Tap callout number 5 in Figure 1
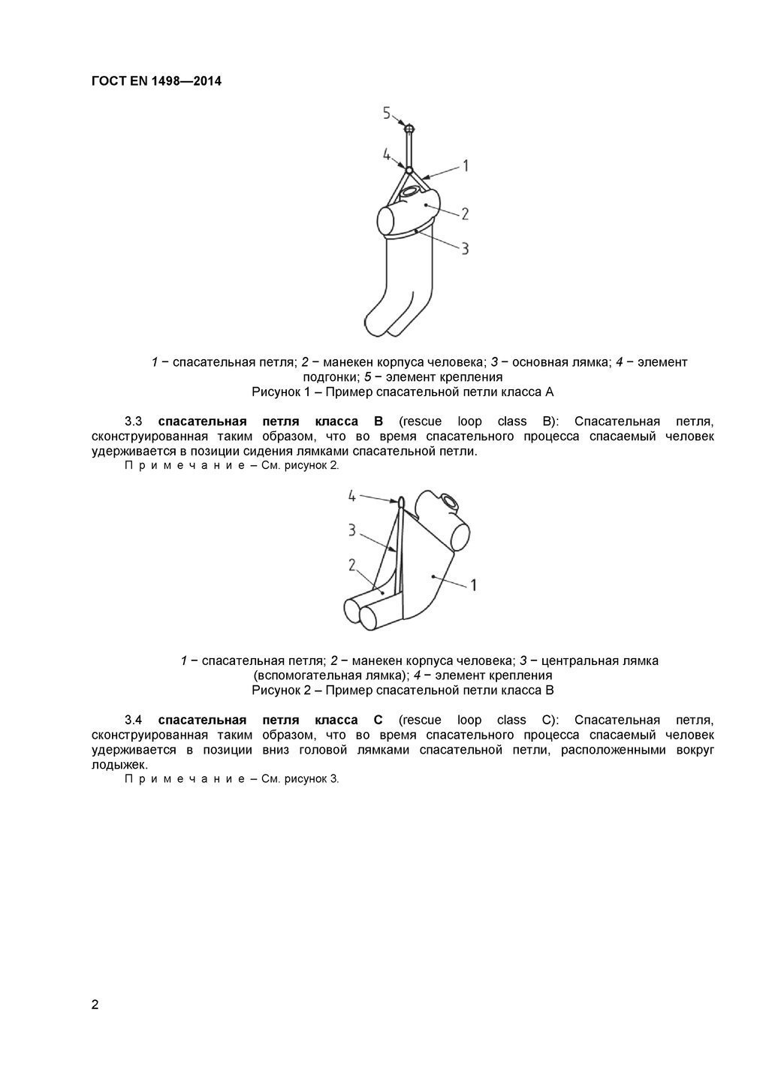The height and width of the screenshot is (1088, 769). pyautogui.click(x=387, y=113)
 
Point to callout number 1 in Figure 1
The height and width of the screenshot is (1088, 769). pyautogui.click(x=465, y=165)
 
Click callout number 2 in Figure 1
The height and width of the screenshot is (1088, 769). pyautogui.click(x=465, y=213)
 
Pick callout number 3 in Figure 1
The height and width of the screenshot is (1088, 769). pyautogui.click(x=465, y=248)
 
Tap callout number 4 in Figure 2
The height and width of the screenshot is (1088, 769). pyautogui.click(x=351, y=496)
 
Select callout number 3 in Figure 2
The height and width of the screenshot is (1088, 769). pyautogui.click(x=351, y=530)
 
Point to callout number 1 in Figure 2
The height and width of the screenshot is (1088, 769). pyautogui.click(x=473, y=584)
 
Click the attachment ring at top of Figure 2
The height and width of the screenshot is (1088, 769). pyautogui.click(x=401, y=502)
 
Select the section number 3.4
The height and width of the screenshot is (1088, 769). pyautogui.click(x=133, y=719)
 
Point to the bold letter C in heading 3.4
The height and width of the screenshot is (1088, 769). pyautogui.click(x=378, y=719)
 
